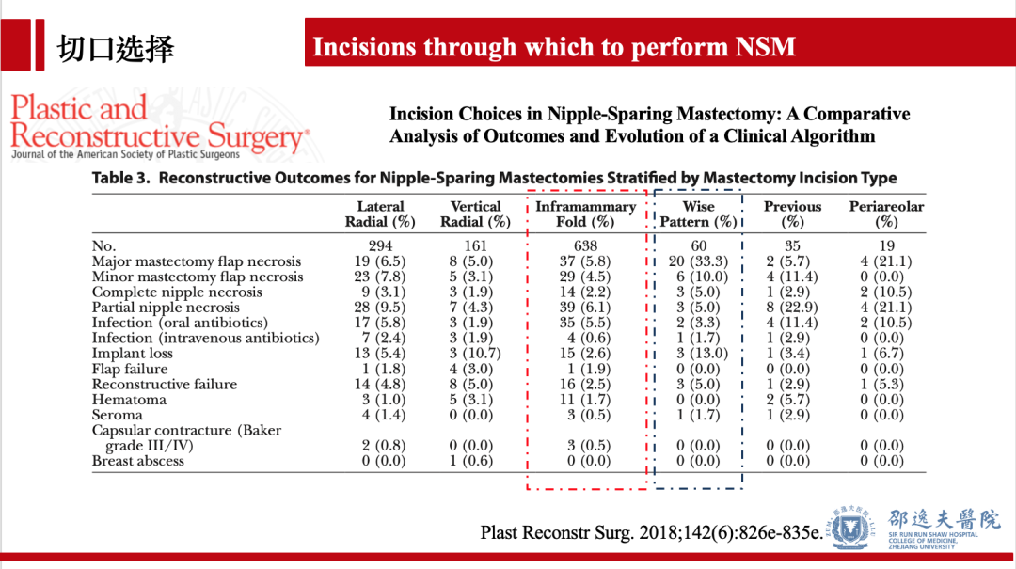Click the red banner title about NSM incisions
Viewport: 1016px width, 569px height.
[x=554, y=47]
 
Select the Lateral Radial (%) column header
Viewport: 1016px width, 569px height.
[x=380, y=214]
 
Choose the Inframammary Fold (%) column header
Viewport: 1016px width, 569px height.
[x=585, y=214]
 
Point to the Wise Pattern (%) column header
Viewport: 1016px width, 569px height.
[x=698, y=214]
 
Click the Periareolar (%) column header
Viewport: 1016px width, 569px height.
[x=886, y=214]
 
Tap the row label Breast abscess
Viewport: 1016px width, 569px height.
[x=138, y=461]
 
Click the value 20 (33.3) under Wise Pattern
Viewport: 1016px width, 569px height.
[x=698, y=261]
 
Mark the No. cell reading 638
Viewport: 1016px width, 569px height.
[x=585, y=246]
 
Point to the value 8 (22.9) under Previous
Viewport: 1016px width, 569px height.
[x=792, y=308]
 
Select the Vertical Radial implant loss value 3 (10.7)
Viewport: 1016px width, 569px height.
[x=475, y=354]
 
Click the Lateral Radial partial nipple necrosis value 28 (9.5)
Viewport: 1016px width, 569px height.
[x=380, y=308]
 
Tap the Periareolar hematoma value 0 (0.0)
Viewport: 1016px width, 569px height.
[x=886, y=400]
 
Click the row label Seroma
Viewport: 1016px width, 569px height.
[x=118, y=415]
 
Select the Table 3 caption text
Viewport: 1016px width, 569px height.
[x=494, y=178]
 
